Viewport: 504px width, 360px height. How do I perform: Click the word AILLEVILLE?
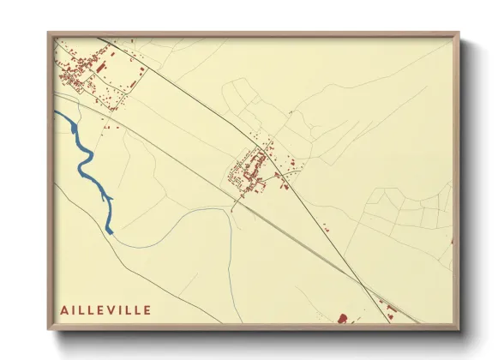(105, 309)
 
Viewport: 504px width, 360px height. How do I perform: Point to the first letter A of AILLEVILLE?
(64, 309)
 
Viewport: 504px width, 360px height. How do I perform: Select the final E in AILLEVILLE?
(147, 309)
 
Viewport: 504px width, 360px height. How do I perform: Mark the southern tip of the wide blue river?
(110, 231)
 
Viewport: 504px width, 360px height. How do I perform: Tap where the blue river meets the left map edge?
(56, 114)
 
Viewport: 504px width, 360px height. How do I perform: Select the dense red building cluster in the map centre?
(250, 169)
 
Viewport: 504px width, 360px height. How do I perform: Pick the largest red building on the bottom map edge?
(343, 319)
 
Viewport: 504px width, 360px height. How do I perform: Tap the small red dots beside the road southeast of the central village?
(326, 227)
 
